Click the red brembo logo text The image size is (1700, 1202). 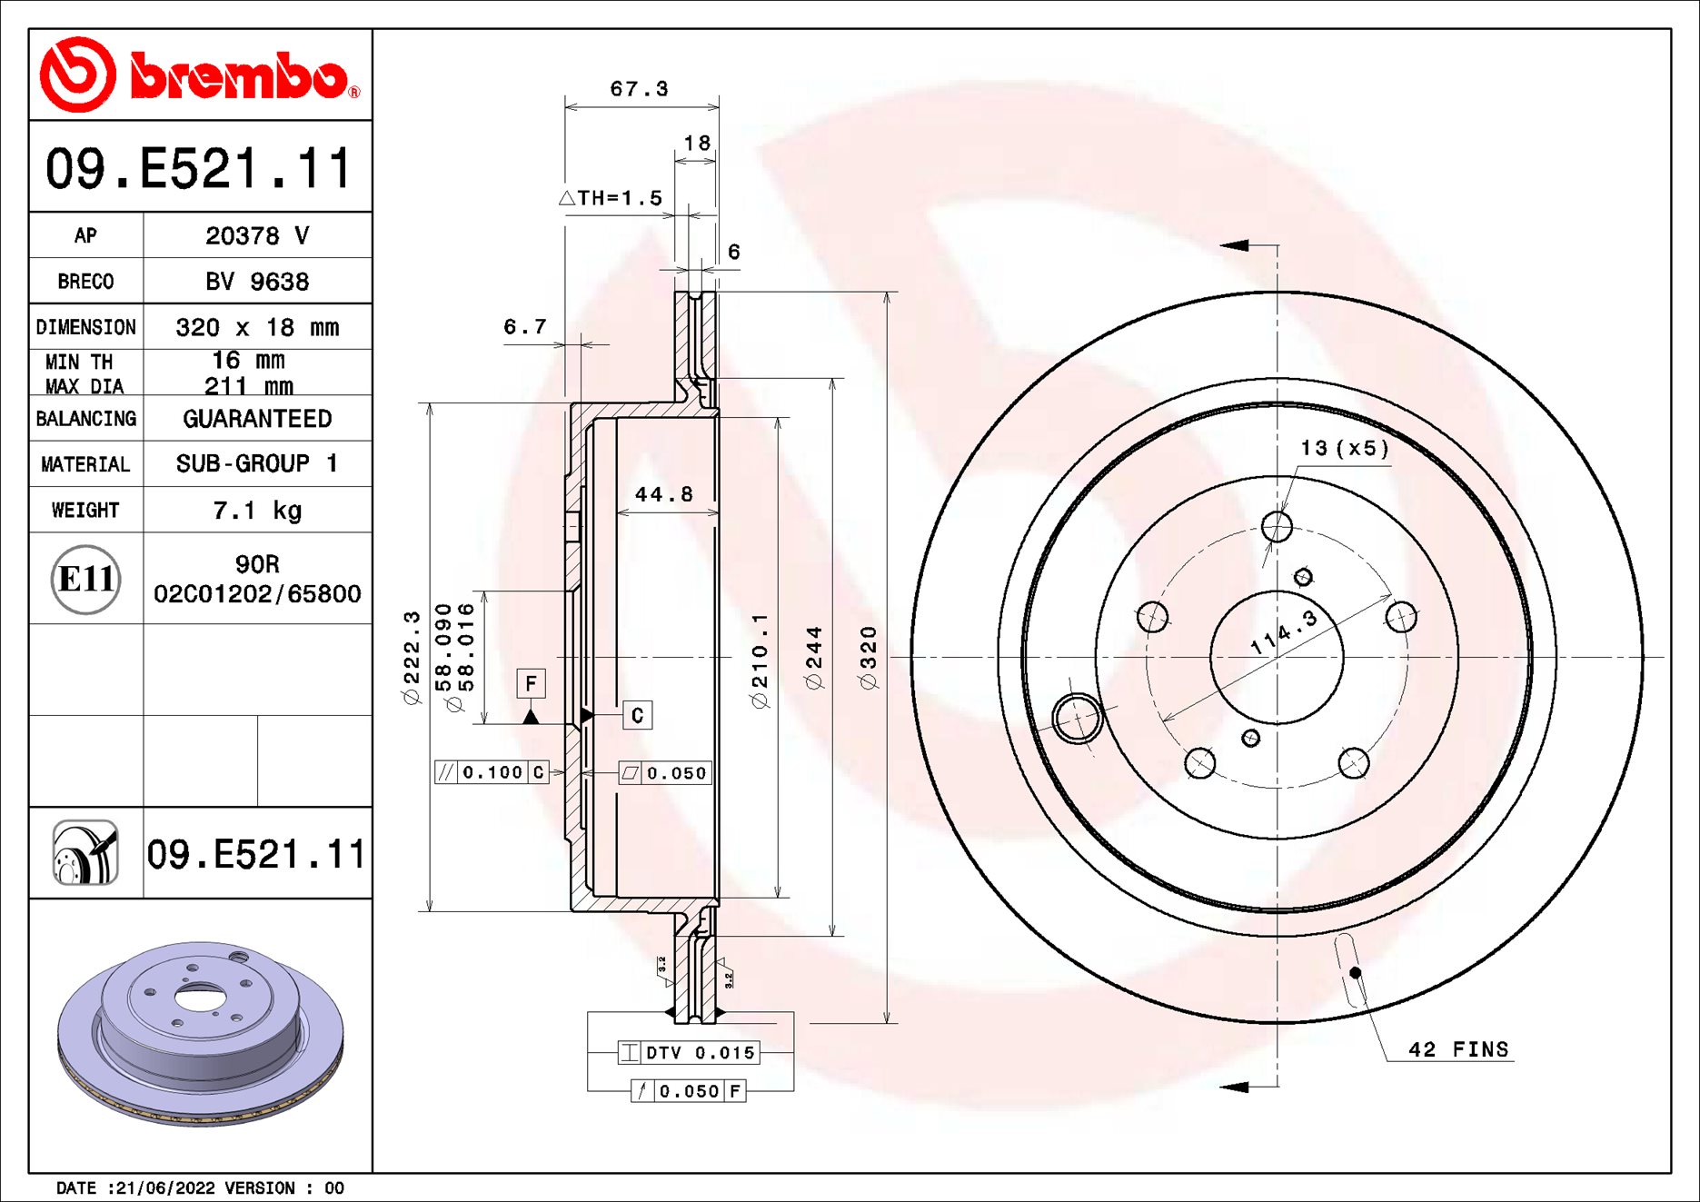tap(238, 75)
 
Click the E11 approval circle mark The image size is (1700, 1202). tap(85, 579)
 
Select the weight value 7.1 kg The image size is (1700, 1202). tap(257, 511)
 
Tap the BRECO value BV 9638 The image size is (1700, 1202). tap(257, 282)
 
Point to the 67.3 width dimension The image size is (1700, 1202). tap(639, 89)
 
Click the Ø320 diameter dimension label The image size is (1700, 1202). tap(869, 657)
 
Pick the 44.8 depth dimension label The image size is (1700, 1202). tap(663, 494)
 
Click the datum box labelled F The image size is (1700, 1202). tap(532, 683)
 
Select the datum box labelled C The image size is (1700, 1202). tap(637, 715)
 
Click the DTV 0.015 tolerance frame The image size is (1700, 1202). tap(689, 1052)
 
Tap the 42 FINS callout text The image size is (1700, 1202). tap(1457, 1049)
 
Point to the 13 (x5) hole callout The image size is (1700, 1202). tap(1344, 448)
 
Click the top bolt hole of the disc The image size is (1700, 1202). tap(1277, 526)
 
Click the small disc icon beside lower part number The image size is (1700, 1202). tap(85, 852)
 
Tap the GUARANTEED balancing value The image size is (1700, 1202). tap(257, 419)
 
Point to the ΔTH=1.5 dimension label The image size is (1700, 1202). tap(611, 198)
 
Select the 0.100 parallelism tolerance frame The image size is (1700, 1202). tap(492, 772)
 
